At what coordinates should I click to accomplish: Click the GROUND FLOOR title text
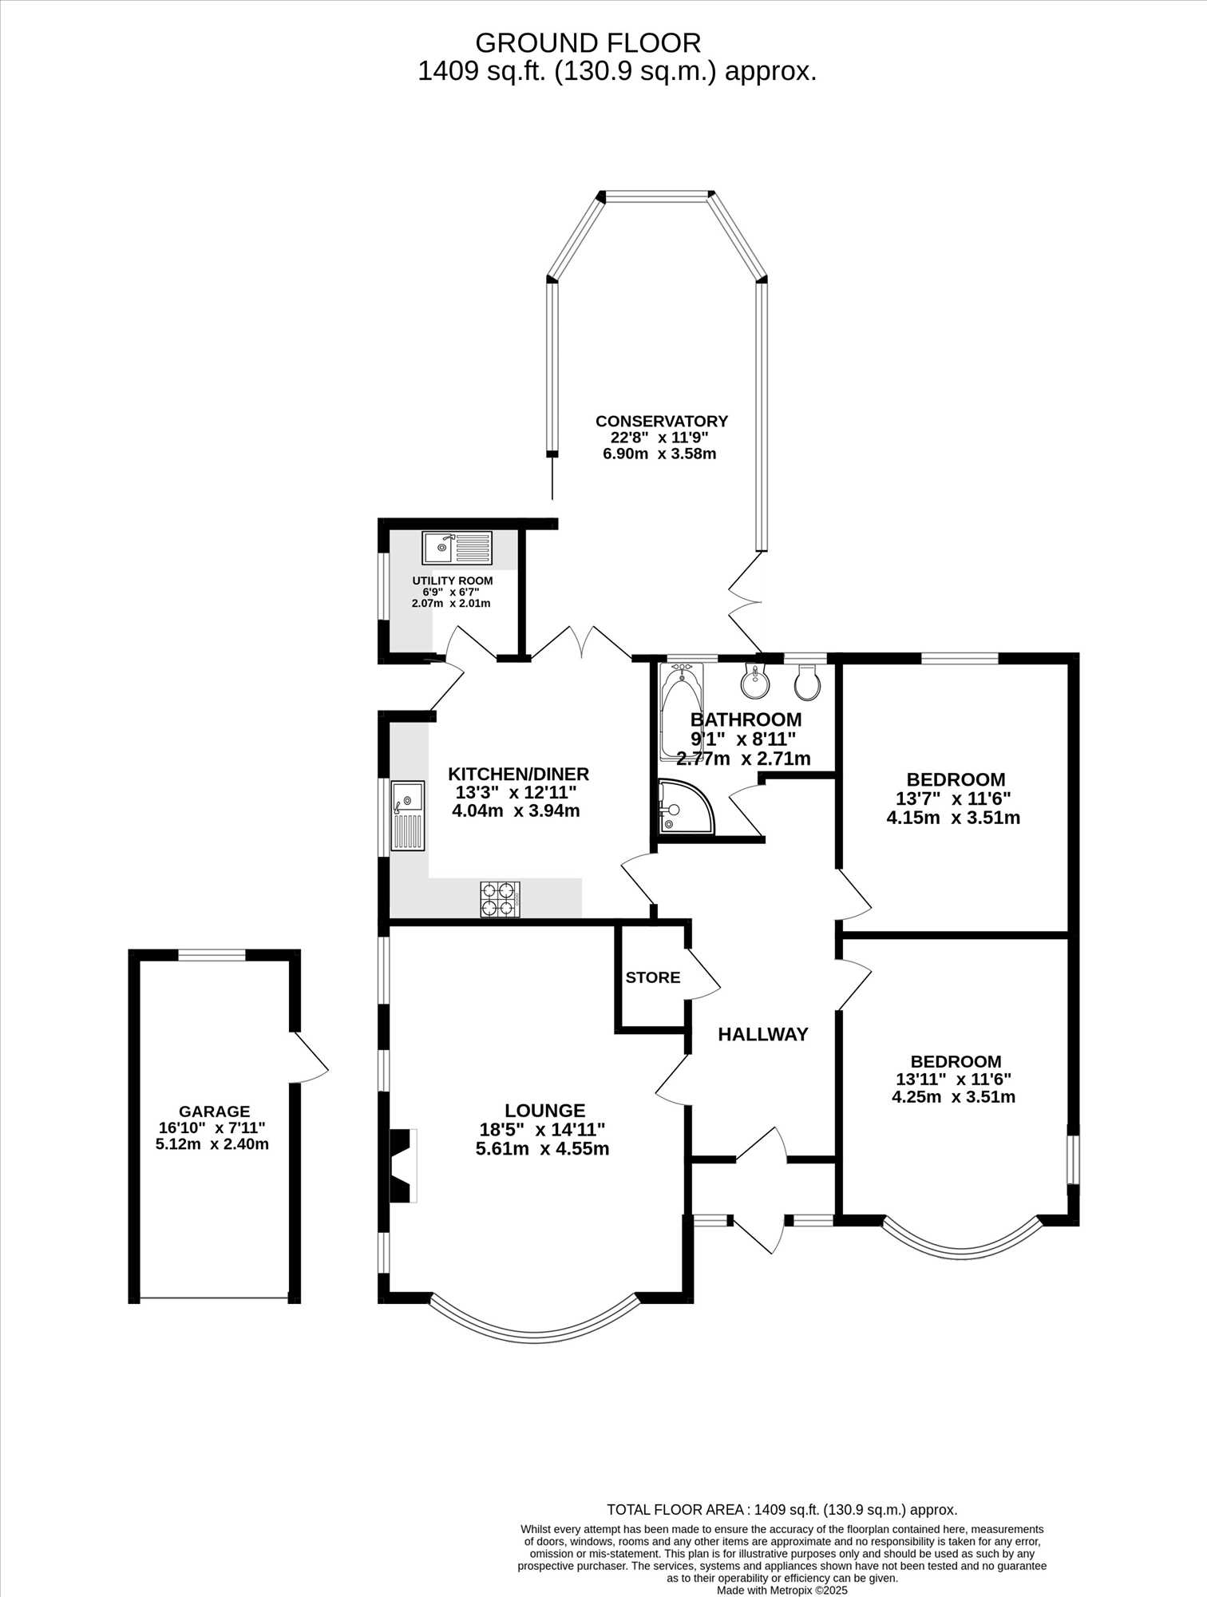588,42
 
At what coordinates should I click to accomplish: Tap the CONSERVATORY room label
662,421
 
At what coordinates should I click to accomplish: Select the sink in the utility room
457,548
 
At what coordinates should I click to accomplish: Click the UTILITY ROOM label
453,581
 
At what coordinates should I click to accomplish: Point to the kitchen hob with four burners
501,899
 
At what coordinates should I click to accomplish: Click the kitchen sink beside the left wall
408,815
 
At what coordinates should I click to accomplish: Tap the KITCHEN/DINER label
519,774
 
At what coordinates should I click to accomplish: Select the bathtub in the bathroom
681,711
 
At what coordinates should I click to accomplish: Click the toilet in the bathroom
808,683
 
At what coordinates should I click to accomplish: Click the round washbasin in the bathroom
754,681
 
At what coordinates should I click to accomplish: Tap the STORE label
653,977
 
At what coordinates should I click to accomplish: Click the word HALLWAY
763,1034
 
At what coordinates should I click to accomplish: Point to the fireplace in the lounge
403,1166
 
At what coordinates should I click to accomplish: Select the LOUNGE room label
545,1110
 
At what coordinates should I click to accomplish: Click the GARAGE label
214,1111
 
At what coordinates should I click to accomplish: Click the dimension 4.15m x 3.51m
953,818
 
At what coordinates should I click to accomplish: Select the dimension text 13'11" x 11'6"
954,1079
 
